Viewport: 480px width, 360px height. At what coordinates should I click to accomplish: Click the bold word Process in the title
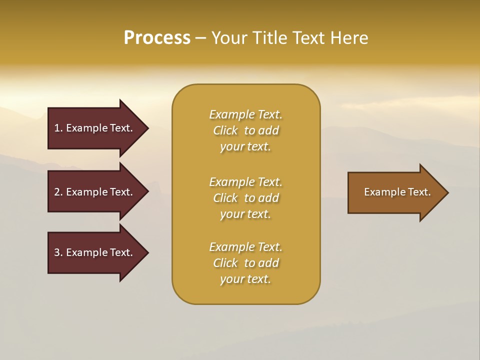click(157, 38)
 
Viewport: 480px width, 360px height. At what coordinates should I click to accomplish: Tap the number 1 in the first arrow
click(57, 128)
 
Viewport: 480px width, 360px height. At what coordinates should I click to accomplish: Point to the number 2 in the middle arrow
click(57, 192)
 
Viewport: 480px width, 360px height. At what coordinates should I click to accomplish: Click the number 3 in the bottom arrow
click(57, 252)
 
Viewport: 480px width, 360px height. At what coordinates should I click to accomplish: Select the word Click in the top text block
click(225, 130)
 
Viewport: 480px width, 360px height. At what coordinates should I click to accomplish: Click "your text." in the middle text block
click(245, 214)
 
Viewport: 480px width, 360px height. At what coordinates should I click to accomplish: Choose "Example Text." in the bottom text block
click(245, 247)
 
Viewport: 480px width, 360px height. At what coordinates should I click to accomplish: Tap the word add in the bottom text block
click(269, 263)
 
